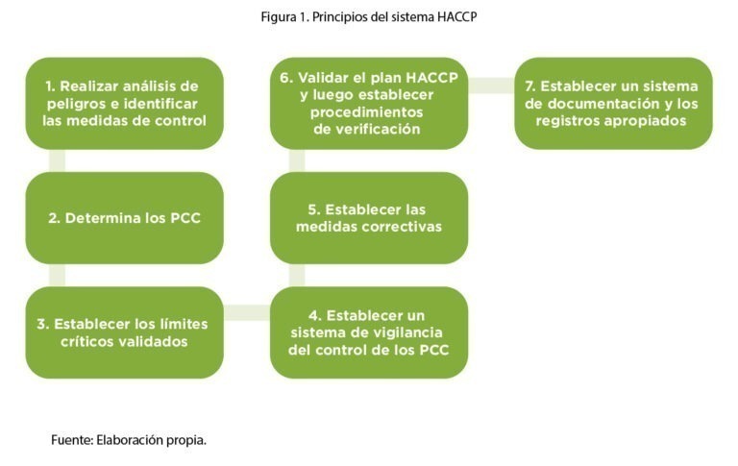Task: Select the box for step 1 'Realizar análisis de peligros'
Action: tap(124, 104)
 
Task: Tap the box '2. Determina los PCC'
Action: tap(124, 218)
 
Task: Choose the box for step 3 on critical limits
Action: tap(124, 332)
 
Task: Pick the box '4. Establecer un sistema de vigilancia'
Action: tap(369, 332)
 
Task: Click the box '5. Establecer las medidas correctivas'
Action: tap(369, 218)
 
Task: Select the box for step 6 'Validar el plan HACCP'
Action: tap(369, 104)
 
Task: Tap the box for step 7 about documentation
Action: tap(613, 104)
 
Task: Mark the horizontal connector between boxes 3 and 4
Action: tap(246, 312)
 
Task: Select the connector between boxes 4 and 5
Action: tap(297, 275)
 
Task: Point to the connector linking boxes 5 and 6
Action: tap(297, 160)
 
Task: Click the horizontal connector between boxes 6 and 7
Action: tap(491, 85)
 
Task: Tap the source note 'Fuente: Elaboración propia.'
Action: tap(129, 440)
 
